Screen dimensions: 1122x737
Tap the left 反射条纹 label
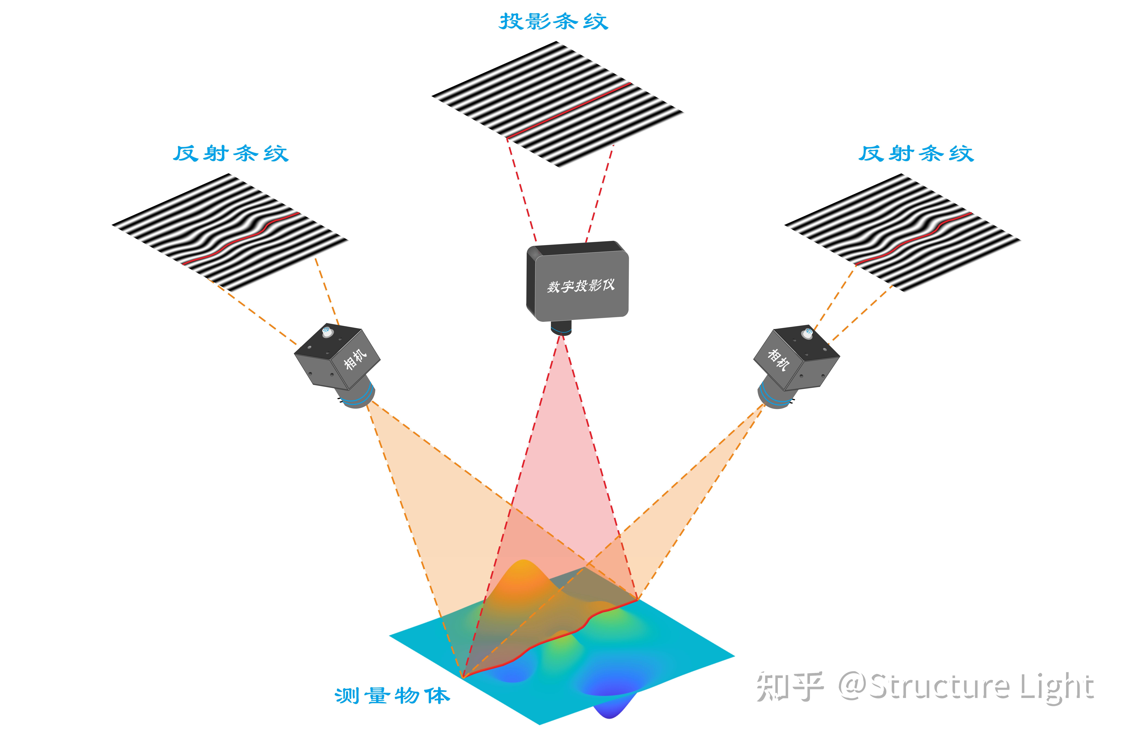[x=231, y=154]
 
